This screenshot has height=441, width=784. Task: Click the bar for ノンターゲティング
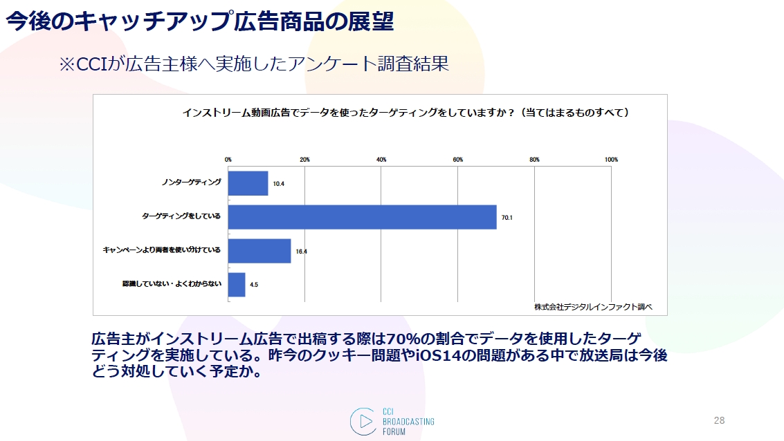[x=248, y=183]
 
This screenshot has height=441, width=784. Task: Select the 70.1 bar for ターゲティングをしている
[x=363, y=217]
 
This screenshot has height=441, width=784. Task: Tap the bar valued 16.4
[x=259, y=251]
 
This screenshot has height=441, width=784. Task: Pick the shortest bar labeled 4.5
[x=237, y=285]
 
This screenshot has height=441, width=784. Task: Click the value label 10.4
[x=278, y=184]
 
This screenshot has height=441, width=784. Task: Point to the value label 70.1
[x=507, y=218]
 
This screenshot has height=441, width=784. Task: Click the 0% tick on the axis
[x=228, y=160]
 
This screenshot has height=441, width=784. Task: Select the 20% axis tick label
[x=304, y=160]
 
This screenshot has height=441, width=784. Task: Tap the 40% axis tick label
[x=381, y=160]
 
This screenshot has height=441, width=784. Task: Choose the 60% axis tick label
[x=458, y=160]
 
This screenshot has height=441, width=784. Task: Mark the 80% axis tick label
[x=534, y=160]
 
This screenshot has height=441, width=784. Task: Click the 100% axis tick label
[x=611, y=160]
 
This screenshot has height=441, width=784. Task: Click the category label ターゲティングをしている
[x=181, y=216]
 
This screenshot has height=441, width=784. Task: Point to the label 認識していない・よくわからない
[x=172, y=283]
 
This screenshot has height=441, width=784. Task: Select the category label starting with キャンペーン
[x=161, y=250]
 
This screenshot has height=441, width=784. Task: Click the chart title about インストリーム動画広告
[x=405, y=113]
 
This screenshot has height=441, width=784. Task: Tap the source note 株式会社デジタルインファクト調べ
[x=593, y=307]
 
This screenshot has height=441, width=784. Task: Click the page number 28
[x=719, y=420]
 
